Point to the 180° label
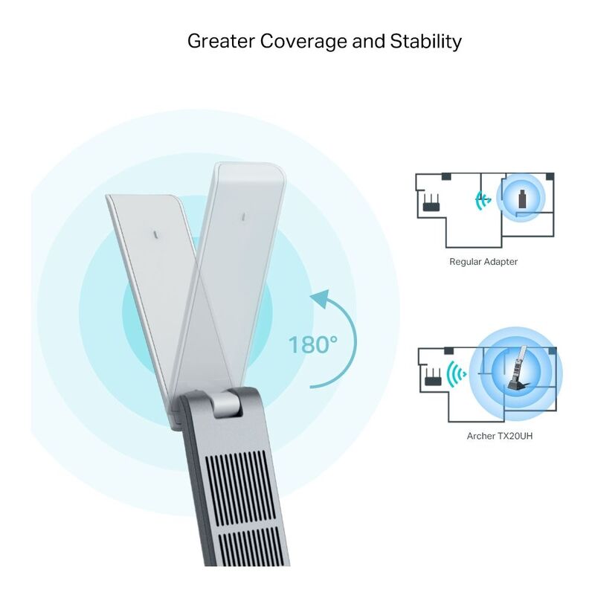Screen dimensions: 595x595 (x=313, y=344)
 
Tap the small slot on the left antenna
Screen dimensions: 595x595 (x=154, y=233)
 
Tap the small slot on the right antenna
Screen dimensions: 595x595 (x=242, y=217)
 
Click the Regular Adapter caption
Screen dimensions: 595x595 (x=483, y=262)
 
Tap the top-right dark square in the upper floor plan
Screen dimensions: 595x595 (x=550, y=177)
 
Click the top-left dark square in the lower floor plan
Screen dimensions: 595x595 (x=446, y=351)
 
